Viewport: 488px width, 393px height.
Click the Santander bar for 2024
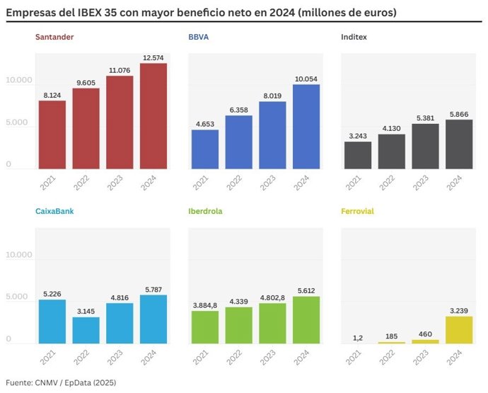point(153,116)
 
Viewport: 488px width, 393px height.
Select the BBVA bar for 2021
point(205,149)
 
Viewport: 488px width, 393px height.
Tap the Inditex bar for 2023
point(426,147)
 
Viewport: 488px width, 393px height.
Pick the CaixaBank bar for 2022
point(86,330)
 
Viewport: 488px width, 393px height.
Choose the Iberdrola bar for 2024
point(306,320)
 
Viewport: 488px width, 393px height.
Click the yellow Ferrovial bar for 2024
point(459,330)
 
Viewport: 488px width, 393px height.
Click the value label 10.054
point(306,79)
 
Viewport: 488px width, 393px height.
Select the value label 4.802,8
point(272,297)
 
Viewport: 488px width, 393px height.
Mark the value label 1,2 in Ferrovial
point(358,338)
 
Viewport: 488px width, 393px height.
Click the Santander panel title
point(54,36)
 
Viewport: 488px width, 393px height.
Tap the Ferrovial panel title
point(357,211)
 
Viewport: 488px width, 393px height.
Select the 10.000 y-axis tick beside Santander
point(18,81)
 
